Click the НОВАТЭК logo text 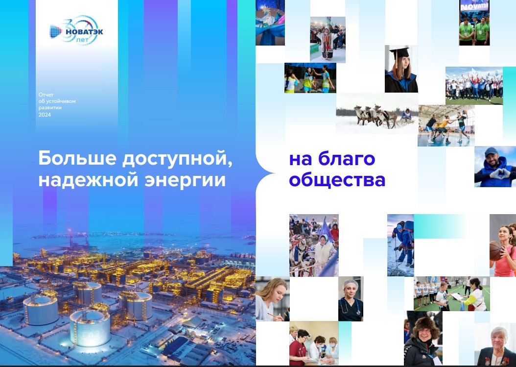point(84,32)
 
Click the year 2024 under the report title point(45,115)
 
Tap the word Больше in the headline point(77,158)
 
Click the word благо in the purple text point(347,159)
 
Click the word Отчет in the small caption point(46,95)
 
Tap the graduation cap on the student point(399,53)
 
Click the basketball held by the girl point(495,251)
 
